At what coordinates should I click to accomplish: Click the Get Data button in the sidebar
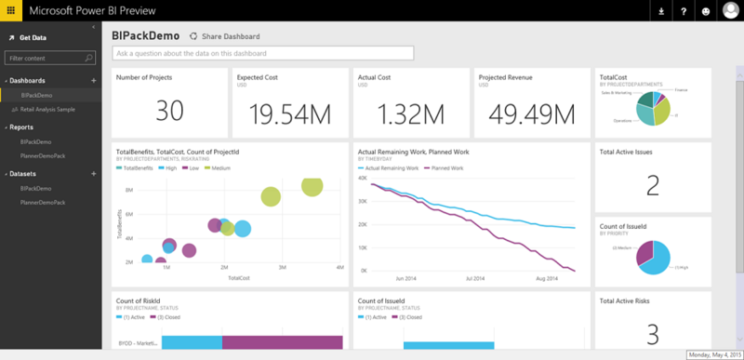[x=33, y=37]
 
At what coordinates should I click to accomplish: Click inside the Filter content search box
[x=46, y=58]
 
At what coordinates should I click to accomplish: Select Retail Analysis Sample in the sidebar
[x=47, y=109]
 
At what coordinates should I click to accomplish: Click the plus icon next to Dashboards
[x=92, y=81]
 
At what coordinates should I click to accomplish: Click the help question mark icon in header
[x=684, y=11]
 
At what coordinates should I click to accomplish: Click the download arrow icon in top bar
[x=661, y=11]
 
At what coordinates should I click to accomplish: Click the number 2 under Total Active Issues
[x=652, y=185]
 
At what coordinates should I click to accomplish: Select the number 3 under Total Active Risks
[x=652, y=333]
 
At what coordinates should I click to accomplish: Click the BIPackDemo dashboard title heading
[x=145, y=35]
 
